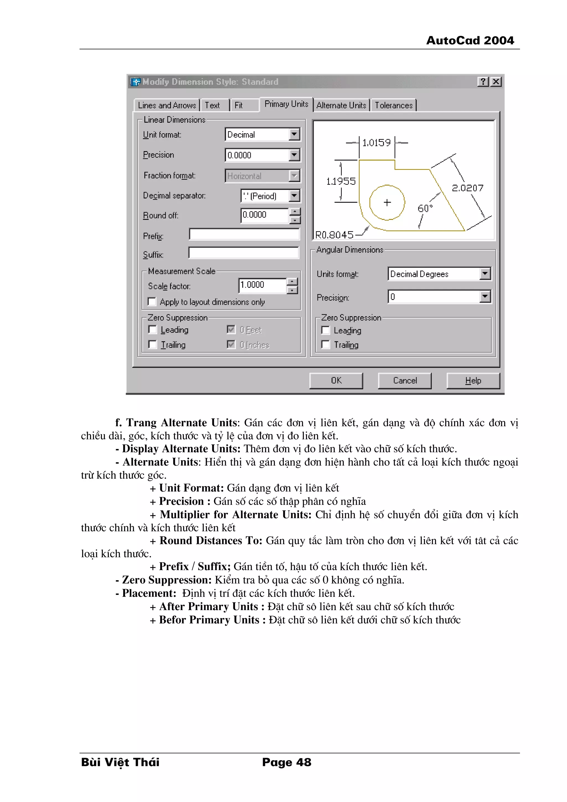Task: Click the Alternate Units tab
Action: [x=341, y=105]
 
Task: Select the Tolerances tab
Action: [x=393, y=105]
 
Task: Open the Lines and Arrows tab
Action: [x=167, y=105]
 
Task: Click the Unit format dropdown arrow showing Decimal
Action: [x=294, y=135]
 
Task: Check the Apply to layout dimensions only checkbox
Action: [x=152, y=301]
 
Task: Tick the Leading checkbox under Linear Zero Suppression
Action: [x=153, y=329]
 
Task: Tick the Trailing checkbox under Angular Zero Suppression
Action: [x=326, y=345]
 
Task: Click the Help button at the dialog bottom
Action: [x=473, y=380]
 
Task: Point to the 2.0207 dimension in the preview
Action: [x=467, y=188]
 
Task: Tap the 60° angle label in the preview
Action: [x=425, y=208]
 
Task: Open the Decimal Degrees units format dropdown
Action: [x=484, y=274]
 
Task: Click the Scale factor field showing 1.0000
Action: [x=262, y=285]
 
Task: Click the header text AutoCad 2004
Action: [x=470, y=40]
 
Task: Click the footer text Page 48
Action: [x=287, y=762]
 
